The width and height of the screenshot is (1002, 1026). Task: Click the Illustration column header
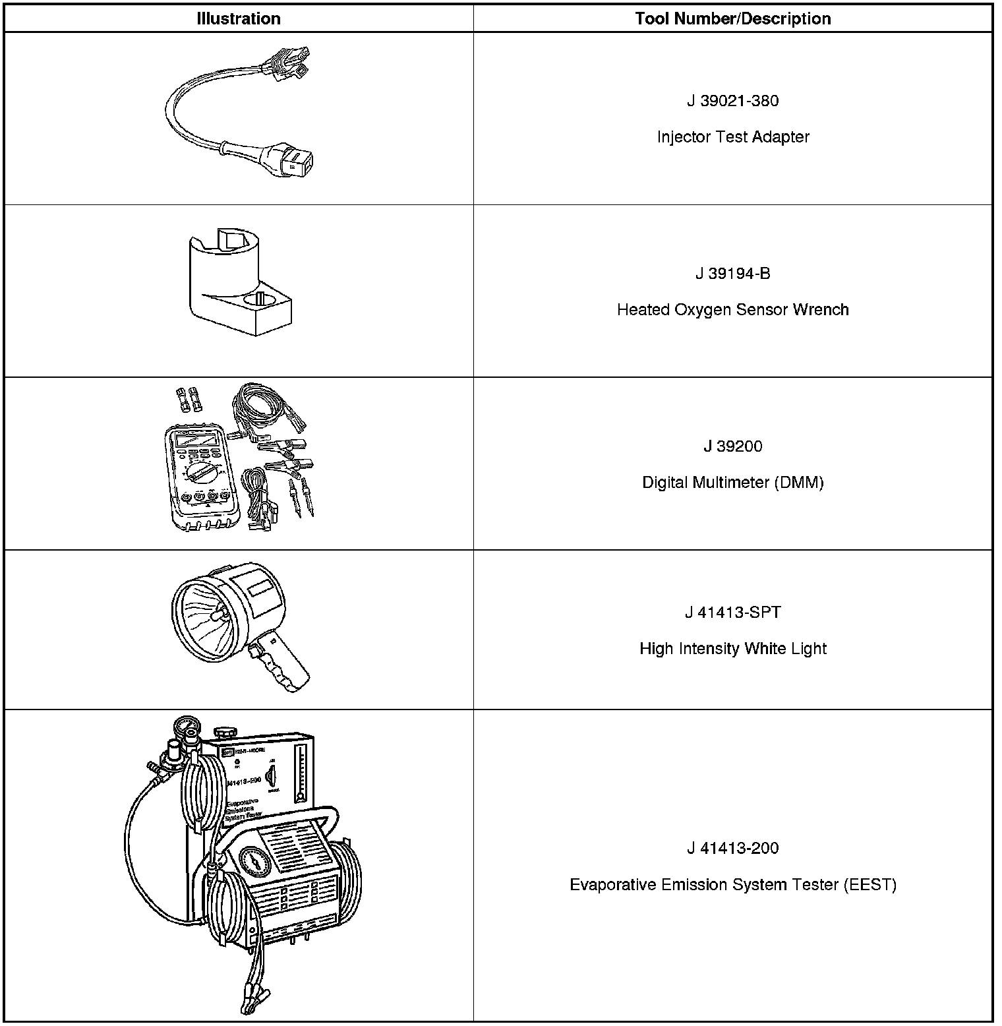(238, 18)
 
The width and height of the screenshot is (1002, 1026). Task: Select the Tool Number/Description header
(732, 18)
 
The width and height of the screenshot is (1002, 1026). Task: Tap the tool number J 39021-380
(732, 101)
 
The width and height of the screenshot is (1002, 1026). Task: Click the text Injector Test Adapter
(732, 137)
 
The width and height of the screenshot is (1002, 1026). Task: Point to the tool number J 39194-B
(732, 274)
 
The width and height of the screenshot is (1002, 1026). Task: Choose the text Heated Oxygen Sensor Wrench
(732, 310)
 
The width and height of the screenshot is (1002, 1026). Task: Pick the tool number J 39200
(732, 446)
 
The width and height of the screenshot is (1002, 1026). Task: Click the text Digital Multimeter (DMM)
(732, 483)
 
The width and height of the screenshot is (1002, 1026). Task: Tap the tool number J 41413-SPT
(732, 613)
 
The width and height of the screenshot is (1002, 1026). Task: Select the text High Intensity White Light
(732, 649)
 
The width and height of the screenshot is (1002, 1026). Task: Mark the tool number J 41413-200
(732, 848)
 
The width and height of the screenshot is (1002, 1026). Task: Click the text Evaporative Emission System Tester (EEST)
(732, 885)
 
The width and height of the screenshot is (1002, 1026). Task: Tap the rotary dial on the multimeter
(200, 473)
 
